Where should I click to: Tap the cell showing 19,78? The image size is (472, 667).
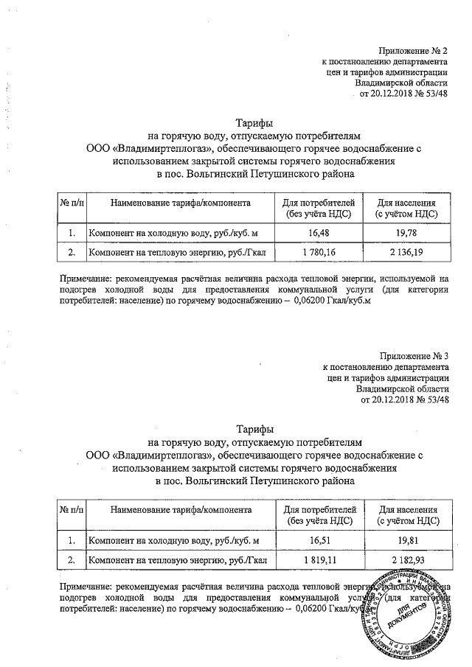pos(406,233)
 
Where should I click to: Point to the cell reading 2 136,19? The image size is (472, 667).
pos(406,253)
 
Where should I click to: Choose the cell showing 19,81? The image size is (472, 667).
pos(406,542)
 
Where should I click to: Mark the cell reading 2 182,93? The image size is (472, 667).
pos(406,561)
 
